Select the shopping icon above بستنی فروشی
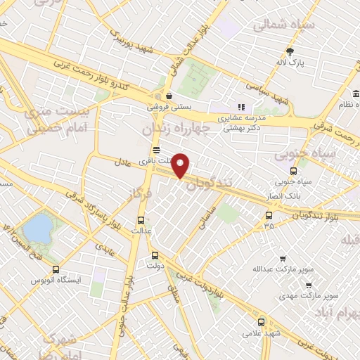[169, 96]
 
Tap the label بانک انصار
[292, 194]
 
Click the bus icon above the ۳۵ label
[269, 215]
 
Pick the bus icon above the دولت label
[155, 257]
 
